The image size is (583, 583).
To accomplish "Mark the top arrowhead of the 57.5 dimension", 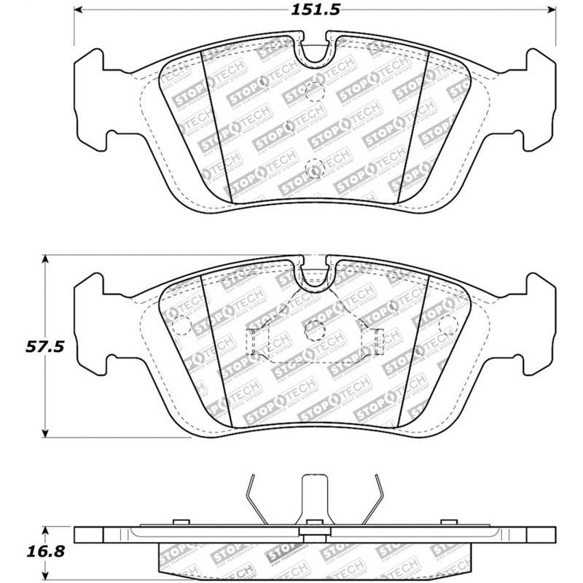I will pos(46,259).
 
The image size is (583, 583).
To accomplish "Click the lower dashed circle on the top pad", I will pos(313,167).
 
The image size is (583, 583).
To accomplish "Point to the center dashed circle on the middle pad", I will pos(314,327).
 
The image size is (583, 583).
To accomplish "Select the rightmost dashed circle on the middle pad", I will pos(448,321).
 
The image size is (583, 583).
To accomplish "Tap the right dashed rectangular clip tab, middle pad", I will pos(377,340).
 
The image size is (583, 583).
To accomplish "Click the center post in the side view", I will pos(314,503).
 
